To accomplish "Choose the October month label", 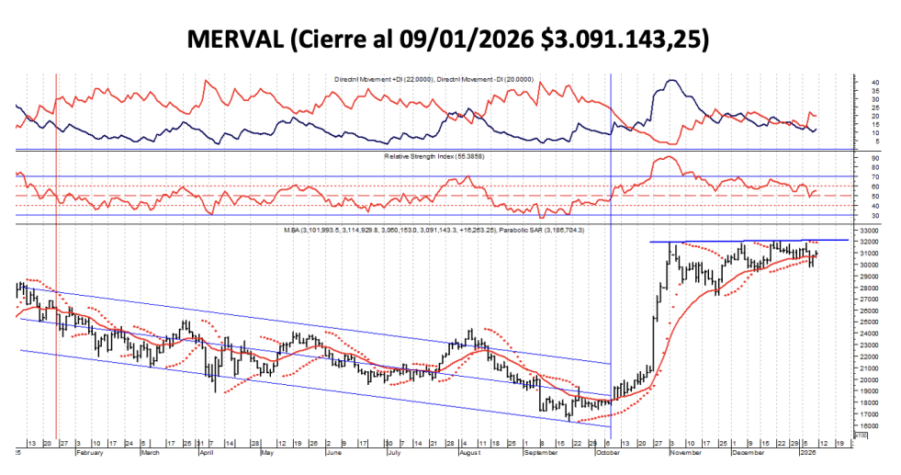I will click(x=610, y=453).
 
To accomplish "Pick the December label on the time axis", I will click(x=749, y=453).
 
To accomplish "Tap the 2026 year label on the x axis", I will click(x=807, y=453).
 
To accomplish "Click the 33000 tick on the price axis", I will click(x=868, y=229).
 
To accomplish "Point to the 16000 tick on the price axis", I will click(x=868, y=425).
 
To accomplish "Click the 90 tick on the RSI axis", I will click(x=864, y=158).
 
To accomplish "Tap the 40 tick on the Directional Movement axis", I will click(x=864, y=83).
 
